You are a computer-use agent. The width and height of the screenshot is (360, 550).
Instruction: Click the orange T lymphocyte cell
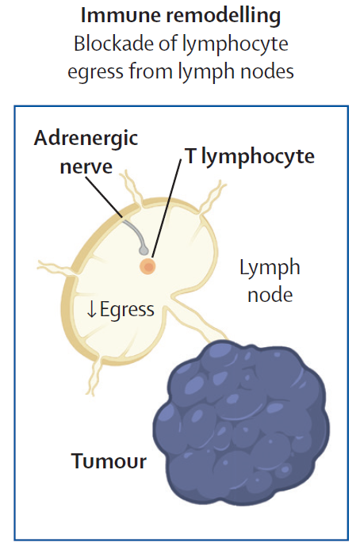click(x=147, y=266)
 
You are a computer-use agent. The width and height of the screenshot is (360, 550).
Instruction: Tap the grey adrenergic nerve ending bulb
click(x=144, y=250)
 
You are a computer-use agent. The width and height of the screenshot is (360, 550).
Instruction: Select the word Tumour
click(x=109, y=461)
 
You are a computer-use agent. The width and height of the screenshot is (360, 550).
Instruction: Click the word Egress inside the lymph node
click(x=127, y=310)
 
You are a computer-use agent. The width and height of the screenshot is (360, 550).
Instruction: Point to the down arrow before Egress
click(x=91, y=309)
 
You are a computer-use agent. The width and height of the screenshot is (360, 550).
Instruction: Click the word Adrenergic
click(x=86, y=139)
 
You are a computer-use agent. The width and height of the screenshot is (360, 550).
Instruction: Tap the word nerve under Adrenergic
click(x=86, y=166)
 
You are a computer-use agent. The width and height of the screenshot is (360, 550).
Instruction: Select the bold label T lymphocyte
click(x=250, y=157)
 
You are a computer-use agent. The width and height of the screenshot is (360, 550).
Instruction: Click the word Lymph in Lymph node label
click(x=270, y=269)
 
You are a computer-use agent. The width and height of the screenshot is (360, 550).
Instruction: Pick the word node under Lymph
click(x=270, y=295)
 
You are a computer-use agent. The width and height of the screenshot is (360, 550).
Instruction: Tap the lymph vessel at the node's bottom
click(x=95, y=376)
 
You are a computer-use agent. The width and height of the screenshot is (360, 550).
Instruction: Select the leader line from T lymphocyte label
click(x=167, y=209)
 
